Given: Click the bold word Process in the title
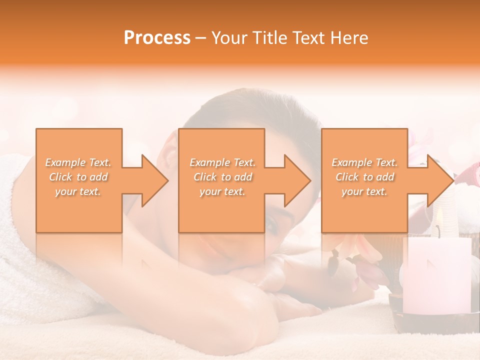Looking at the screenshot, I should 157,38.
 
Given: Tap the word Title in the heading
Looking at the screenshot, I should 270,38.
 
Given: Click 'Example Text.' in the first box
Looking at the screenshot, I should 78,162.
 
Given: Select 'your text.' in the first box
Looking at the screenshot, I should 78,191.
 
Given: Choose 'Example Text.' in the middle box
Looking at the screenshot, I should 222,162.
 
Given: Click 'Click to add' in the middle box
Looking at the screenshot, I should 222,177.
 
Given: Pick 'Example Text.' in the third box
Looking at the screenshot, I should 364,162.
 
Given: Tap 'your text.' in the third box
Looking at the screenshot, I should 364,191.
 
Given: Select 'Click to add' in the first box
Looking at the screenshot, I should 78,177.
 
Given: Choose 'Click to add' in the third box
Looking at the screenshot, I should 364,177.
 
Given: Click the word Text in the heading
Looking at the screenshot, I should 309,38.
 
